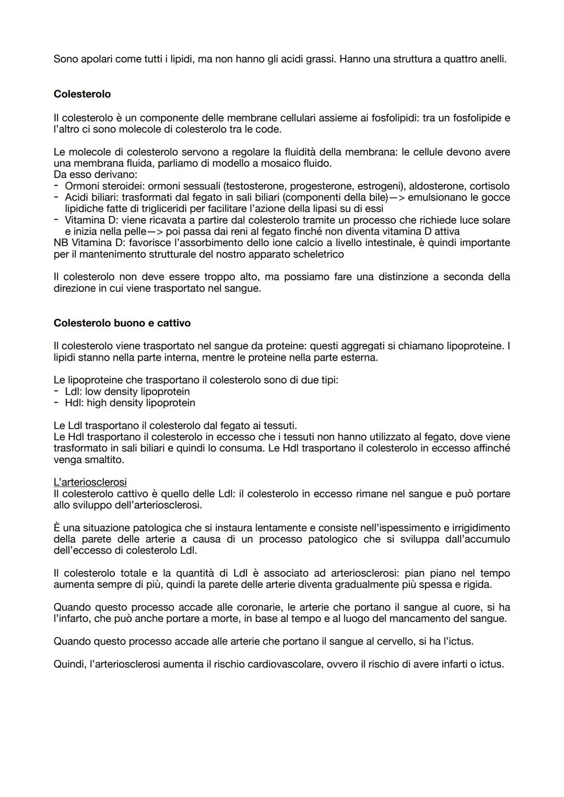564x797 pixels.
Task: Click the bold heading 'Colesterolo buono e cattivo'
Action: [122, 323]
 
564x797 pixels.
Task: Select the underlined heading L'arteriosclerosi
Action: [90, 482]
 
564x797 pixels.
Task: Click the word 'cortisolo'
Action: [489, 186]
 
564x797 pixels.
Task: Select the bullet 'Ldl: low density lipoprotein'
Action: [127, 391]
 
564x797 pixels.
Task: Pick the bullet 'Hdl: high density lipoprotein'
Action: [130, 403]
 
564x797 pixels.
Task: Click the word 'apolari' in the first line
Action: [93, 60]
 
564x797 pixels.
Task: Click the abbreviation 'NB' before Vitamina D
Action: [61, 243]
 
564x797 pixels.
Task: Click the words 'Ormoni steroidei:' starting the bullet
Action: [98, 186]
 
